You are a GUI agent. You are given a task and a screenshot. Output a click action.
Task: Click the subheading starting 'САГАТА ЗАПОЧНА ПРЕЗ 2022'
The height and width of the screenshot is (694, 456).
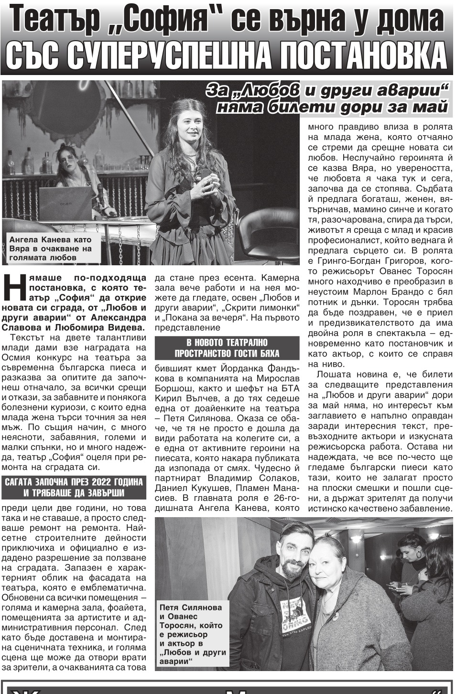point(74,487)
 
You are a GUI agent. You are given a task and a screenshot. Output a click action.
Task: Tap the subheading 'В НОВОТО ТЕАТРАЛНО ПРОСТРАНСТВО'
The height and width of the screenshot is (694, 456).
point(227,348)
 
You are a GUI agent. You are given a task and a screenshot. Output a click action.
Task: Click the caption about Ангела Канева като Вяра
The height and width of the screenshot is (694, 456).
point(51,249)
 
